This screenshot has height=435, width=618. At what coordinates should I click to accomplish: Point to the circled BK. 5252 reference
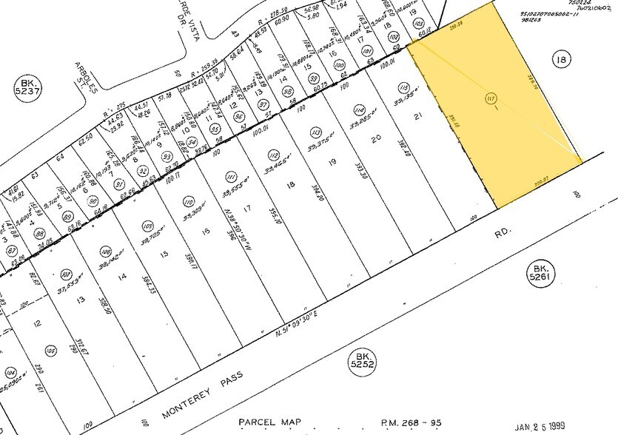click(x=363, y=361)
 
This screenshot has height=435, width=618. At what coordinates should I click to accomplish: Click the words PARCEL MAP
click(x=272, y=422)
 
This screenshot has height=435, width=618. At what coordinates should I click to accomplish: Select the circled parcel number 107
click(x=65, y=273)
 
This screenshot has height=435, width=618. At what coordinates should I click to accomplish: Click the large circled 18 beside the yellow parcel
click(x=561, y=59)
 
